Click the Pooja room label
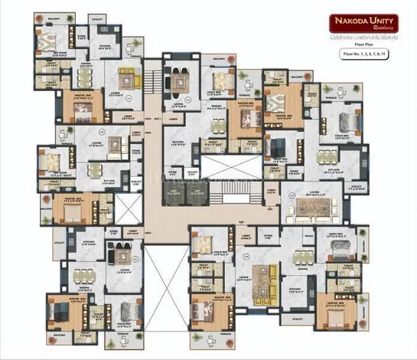tap(308, 237)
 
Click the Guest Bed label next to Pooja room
tap(336, 237)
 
